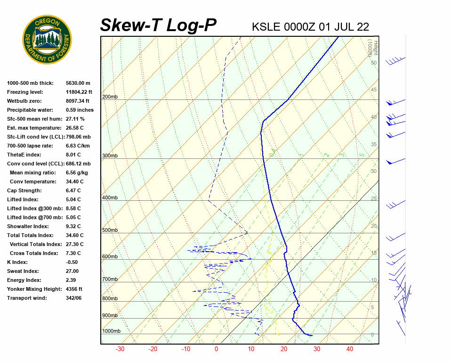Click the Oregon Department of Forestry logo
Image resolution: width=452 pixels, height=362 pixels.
pos(47,40)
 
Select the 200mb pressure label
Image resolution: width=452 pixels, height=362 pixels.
pos(110,97)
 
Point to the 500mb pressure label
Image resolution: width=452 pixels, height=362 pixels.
pos(110,230)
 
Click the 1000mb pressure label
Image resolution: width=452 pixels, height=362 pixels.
pos(111,331)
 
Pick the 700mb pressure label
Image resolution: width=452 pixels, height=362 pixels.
pos(110,280)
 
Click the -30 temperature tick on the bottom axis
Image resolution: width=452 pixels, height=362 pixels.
pos(120,349)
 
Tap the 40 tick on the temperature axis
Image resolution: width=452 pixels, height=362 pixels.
pos(349,349)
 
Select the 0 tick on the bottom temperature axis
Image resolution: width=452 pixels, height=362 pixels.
pos(217,349)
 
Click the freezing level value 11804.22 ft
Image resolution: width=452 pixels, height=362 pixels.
pos(79,92)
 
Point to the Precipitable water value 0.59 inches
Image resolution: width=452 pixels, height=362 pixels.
pos(80,110)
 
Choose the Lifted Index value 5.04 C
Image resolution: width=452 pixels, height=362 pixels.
pos(73,199)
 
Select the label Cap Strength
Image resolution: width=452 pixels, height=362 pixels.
pos(24,190)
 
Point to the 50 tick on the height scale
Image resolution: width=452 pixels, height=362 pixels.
pos(374,63)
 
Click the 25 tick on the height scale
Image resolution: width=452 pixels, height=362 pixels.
pos(374,199)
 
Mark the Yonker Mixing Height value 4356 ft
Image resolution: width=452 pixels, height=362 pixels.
pos(74,289)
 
